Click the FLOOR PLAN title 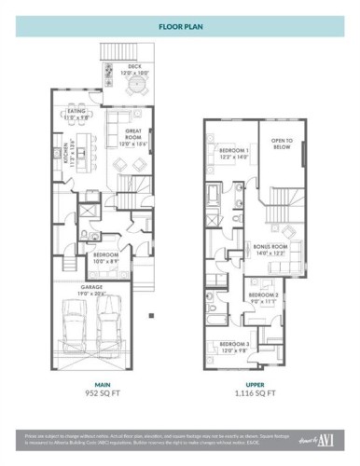tap(180, 27)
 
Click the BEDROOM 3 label tap(235, 347)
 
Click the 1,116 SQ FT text tap(256, 393)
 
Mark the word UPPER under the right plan tap(256, 383)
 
